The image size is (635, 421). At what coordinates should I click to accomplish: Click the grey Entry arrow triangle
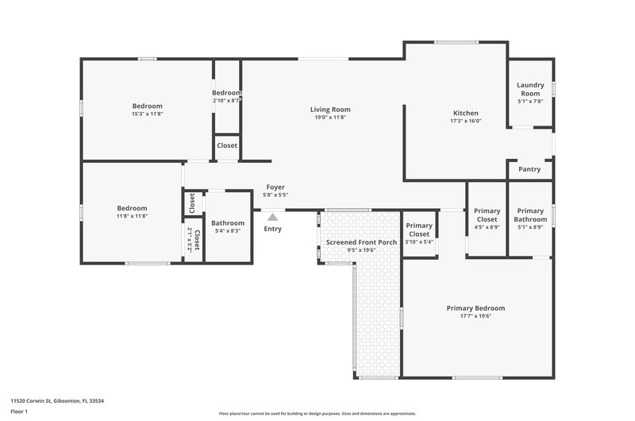click(x=272, y=218)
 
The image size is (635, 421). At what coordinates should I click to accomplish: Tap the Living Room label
click(x=330, y=110)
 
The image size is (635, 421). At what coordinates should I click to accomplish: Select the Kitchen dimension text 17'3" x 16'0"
click(x=466, y=121)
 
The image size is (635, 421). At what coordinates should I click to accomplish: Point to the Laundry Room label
click(x=530, y=89)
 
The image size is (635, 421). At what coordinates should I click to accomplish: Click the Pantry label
click(x=529, y=169)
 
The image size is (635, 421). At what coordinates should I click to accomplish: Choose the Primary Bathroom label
click(x=530, y=215)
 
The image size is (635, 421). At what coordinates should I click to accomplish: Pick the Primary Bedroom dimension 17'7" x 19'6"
click(x=475, y=316)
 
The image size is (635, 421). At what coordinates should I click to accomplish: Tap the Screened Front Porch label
click(x=362, y=242)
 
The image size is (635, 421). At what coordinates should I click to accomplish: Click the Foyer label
click(x=275, y=187)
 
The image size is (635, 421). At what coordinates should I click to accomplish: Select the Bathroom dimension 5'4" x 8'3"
click(x=228, y=231)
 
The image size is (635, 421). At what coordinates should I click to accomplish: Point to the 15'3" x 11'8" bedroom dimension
click(x=148, y=114)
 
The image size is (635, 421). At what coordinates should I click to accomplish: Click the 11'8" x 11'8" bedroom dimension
click(x=132, y=216)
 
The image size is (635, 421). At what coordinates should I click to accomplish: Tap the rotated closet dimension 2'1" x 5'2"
click(x=189, y=239)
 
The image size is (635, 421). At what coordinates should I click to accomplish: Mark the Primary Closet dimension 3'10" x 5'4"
click(x=419, y=242)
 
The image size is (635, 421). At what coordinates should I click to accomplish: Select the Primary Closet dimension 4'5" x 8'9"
click(x=487, y=227)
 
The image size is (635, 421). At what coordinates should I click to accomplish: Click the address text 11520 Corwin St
click(x=31, y=400)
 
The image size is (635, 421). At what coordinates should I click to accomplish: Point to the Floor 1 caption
click(x=19, y=411)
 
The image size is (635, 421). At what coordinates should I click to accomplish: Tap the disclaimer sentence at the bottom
click(x=317, y=414)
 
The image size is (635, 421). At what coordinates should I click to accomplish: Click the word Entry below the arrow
click(x=272, y=229)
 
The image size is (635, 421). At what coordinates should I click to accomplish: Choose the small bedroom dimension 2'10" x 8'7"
click(x=227, y=101)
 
